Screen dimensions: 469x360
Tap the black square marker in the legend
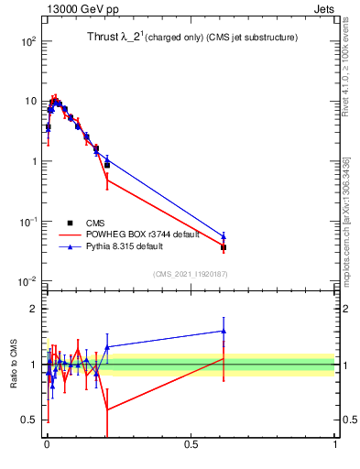(x=70, y=223)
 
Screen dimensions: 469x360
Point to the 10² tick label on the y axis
(x=27, y=41)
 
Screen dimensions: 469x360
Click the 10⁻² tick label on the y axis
(x=27, y=281)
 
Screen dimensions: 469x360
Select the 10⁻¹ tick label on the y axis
(x=27, y=222)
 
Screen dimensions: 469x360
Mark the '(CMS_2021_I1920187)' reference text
(x=189, y=273)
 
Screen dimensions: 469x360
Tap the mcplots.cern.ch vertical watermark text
(x=345, y=220)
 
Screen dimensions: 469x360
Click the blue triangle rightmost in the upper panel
(x=224, y=236)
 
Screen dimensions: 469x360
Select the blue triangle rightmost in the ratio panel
(x=224, y=332)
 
